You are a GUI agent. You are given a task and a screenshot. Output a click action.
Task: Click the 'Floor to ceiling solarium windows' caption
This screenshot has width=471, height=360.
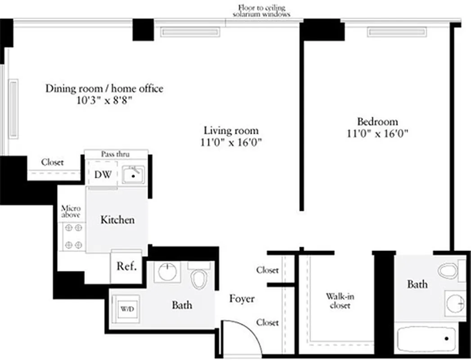[x=261, y=11]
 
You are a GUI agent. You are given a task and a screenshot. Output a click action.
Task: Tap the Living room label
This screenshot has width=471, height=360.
[x=231, y=130]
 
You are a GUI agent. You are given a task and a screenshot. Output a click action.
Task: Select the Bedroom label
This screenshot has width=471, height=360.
[x=377, y=121]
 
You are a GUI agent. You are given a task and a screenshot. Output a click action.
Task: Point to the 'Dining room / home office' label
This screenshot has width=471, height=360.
[x=104, y=89]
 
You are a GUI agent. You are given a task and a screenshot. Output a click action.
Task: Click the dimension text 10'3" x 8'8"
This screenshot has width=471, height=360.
[x=104, y=100]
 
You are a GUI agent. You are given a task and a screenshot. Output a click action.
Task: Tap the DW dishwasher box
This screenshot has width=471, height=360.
[x=103, y=175]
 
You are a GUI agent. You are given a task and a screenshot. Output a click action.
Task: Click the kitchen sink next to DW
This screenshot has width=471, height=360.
[x=133, y=174]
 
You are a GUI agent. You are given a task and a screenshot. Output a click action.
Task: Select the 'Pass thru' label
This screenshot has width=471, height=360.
[x=115, y=154]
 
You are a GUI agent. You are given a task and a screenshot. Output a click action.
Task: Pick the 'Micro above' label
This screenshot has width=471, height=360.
[x=71, y=211]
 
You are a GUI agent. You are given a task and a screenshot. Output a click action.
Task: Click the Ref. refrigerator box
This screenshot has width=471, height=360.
[x=126, y=266]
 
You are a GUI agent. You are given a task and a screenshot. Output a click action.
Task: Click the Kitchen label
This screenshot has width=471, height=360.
[x=117, y=220]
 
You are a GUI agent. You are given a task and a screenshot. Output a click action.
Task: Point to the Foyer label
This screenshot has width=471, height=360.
[x=242, y=299]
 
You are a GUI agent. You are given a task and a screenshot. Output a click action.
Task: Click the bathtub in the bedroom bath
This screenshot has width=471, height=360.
[x=430, y=338]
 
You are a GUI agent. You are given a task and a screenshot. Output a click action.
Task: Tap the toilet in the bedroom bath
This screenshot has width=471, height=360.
[x=449, y=271]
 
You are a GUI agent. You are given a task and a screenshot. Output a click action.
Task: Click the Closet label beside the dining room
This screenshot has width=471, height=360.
[x=53, y=162]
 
